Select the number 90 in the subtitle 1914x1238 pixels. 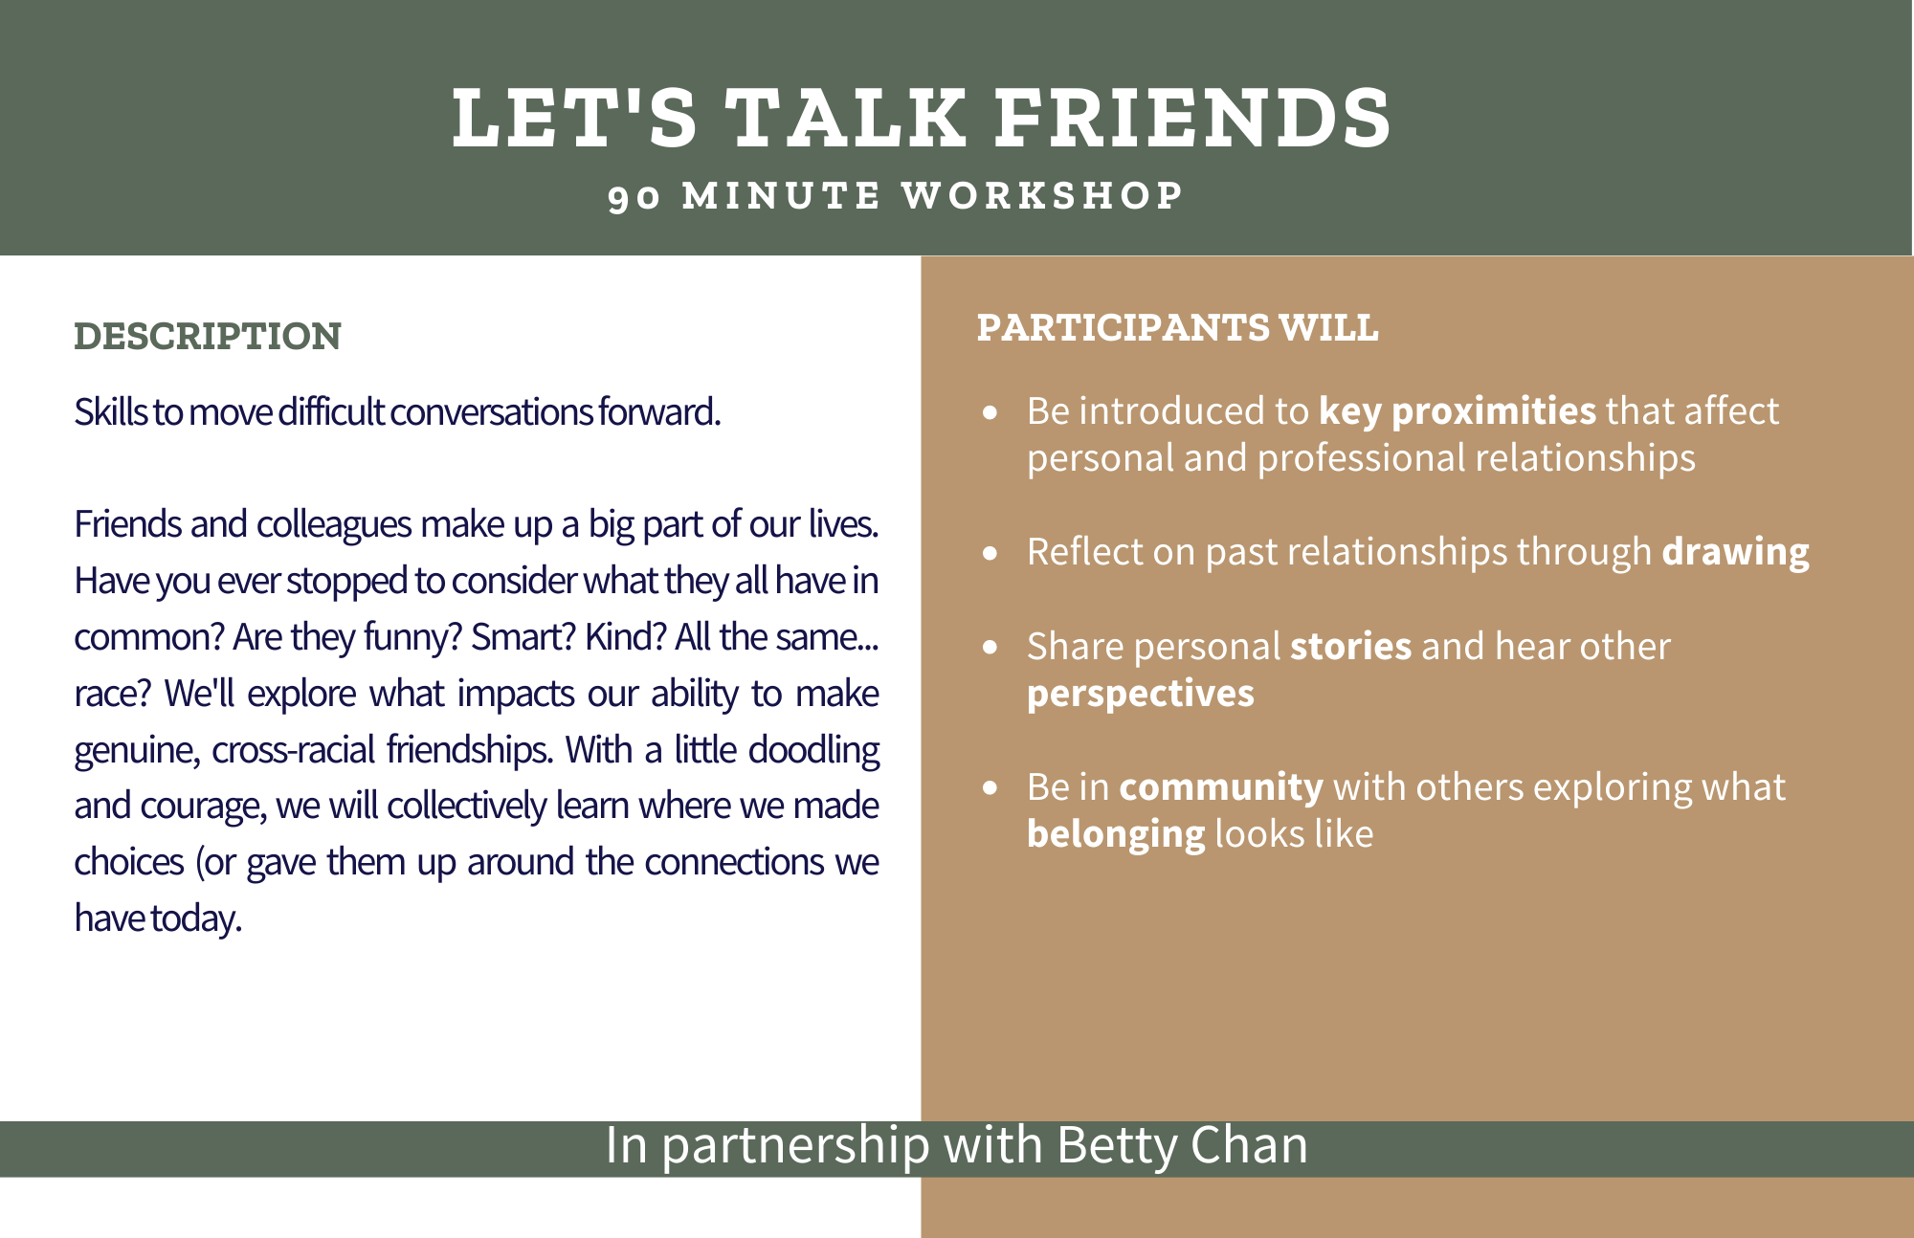[634, 197]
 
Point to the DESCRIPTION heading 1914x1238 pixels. [208, 337]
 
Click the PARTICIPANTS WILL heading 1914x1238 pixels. [1178, 328]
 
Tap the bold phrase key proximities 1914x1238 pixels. [1458, 411]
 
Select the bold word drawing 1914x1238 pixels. [1736, 553]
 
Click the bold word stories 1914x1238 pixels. [1351, 647]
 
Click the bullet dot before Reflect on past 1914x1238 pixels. [990, 553]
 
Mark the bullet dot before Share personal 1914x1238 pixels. [990, 648]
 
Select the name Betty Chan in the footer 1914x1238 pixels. [1182, 1146]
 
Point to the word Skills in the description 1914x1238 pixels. [111, 412]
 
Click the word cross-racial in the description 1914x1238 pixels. [294, 750]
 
